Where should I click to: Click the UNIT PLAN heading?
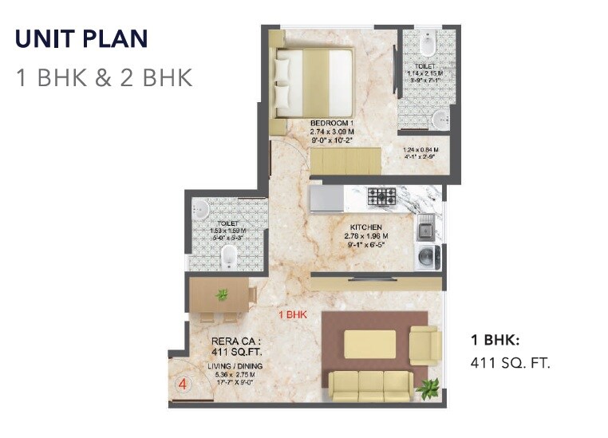coord(81,39)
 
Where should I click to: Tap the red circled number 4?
coord(183,384)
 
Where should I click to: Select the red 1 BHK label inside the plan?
coord(293,315)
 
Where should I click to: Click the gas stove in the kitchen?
coord(382,195)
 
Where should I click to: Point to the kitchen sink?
coord(426,229)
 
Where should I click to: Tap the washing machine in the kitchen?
coord(426,257)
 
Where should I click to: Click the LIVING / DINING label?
coord(235,366)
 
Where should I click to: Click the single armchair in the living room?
coord(424,345)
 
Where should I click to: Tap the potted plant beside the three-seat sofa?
coord(428,389)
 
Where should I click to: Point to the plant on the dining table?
coord(222,295)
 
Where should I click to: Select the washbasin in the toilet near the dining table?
coord(201,210)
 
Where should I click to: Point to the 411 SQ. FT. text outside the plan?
coord(511,363)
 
